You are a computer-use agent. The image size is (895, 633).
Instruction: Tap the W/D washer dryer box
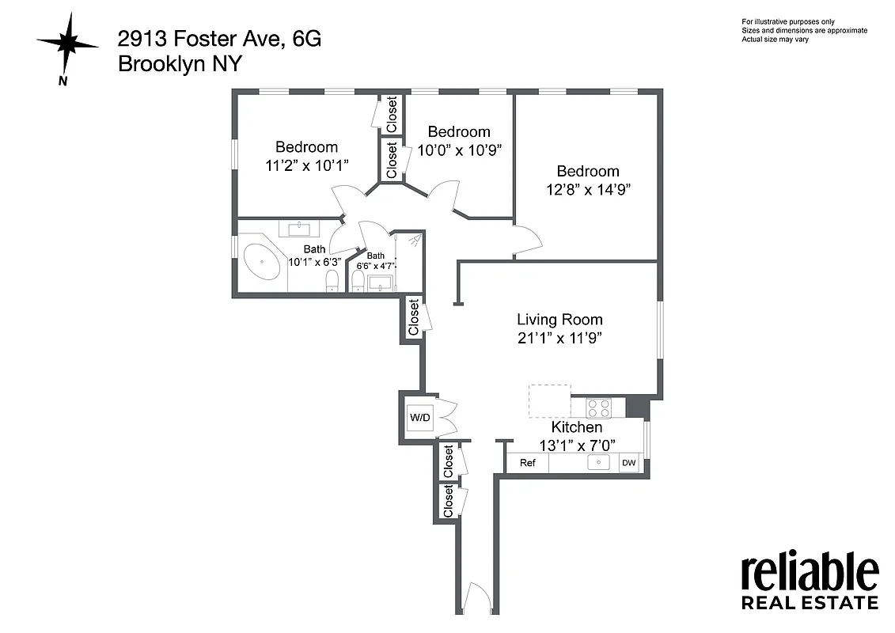[x=419, y=417]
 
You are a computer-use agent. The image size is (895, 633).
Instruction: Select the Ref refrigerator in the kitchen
[x=527, y=463]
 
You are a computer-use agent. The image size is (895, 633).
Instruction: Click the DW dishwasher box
[x=629, y=463]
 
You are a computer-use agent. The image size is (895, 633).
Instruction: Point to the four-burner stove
[x=599, y=407]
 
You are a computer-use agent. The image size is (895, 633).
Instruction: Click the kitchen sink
[x=599, y=462]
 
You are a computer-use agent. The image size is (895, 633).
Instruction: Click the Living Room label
[x=559, y=320]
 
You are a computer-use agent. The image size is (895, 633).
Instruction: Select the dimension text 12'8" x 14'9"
[x=587, y=190]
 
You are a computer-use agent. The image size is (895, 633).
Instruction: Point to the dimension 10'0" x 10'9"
[x=459, y=150]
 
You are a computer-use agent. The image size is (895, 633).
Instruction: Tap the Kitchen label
[x=577, y=427]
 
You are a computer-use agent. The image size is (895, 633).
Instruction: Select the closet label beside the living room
[x=413, y=317]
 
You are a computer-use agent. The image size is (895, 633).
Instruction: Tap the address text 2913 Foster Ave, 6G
[x=219, y=38]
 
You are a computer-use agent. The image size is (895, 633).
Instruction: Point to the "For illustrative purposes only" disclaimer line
[x=787, y=21]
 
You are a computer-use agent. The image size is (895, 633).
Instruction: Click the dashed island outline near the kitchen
[x=550, y=401]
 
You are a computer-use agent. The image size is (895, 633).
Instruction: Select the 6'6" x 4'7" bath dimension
[x=375, y=266]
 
